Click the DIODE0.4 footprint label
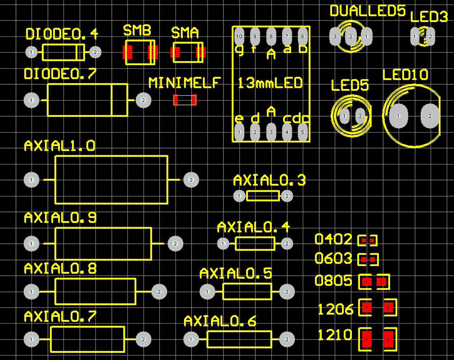(62, 34)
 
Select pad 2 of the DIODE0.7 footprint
(143, 100)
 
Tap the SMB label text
(137, 30)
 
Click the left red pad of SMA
(175, 52)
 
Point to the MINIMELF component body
(185, 100)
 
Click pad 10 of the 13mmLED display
(239, 36)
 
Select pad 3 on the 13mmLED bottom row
(271, 132)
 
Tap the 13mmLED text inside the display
(270, 83)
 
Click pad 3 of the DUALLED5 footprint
(335, 36)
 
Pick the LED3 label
(429, 17)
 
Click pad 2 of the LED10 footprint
(430, 116)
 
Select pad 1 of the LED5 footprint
(344, 116)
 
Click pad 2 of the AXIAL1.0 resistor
(191, 180)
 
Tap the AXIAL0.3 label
(269, 181)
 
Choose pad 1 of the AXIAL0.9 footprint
(31, 243)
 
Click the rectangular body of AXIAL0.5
(247, 292)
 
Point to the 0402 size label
(333, 240)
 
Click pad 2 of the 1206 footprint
(388, 307)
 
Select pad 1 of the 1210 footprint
(366, 339)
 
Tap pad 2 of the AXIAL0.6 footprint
(287, 339)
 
